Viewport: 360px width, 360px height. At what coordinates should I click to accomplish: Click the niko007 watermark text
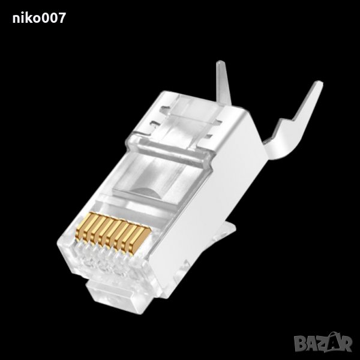coord(39,17)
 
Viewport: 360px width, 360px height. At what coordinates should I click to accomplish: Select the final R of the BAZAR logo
coord(346,344)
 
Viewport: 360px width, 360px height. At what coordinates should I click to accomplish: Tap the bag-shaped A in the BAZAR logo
coord(334,341)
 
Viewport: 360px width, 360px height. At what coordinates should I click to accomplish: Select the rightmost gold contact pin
coord(140,241)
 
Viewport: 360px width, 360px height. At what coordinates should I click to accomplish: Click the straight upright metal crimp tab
coord(223,83)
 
